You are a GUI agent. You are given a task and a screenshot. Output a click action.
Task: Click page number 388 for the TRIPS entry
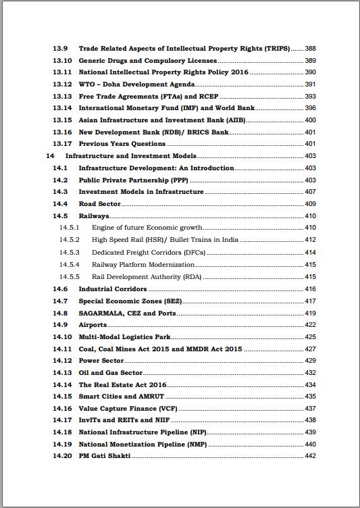tap(310, 49)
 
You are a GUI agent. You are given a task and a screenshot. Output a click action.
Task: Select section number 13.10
tap(62, 61)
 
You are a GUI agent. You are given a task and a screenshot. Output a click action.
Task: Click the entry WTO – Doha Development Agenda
tap(137, 84)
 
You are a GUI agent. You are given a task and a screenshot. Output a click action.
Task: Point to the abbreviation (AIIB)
tap(236, 120)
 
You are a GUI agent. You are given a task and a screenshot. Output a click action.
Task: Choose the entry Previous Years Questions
tap(122, 144)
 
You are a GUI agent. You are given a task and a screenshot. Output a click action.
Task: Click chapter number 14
tap(50, 156)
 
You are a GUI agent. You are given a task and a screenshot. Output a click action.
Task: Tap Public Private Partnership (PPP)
tap(134, 180)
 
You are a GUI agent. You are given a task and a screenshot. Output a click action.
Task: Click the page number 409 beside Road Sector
tap(310, 204)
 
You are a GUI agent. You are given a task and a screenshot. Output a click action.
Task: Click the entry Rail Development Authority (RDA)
tap(147, 277)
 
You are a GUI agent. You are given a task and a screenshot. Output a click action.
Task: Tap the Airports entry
tap(93, 325)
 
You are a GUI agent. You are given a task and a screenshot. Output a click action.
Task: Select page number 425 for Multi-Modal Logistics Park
tap(310, 337)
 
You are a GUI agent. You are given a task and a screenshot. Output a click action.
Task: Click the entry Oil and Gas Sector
tap(111, 373)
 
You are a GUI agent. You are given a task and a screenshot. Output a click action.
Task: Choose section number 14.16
tap(62, 409)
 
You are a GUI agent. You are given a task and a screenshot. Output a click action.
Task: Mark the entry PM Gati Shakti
tap(105, 457)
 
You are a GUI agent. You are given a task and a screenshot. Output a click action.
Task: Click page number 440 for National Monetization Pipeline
tap(310, 445)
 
